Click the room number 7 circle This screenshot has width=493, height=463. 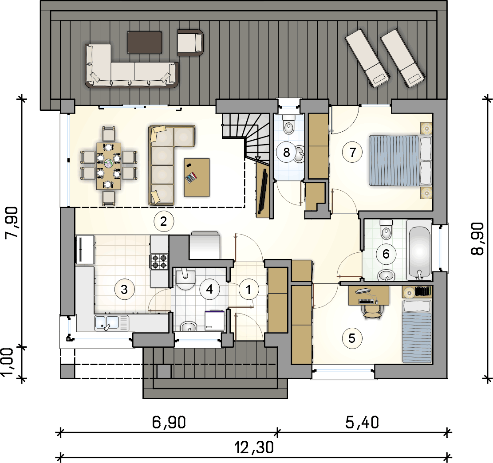pyautogui.click(x=352, y=152)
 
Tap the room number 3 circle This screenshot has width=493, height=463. pyautogui.click(x=124, y=289)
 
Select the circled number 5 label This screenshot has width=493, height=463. pyautogui.click(x=352, y=338)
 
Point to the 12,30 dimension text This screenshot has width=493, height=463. pyautogui.click(x=254, y=447)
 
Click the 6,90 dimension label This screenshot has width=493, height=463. pyautogui.click(x=169, y=422)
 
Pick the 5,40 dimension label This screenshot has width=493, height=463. pyautogui.click(x=362, y=422)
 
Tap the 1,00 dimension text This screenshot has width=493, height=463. pyautogui.click(x=8, y=362)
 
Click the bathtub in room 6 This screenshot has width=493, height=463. pyautogui.click(x=419, y=250)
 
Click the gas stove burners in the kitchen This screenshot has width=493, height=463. pyautogui.click(x=159, y=262)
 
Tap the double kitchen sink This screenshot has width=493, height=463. pyautogui.click(x=112, y=323)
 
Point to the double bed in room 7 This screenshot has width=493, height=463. pyautogui.click(x=400, y=160)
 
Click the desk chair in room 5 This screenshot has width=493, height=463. pyautogui.click(x=374, y=312)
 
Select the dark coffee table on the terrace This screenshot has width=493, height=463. pyautogui.click(x=145, y=43)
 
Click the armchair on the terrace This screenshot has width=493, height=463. pyautogui.click(x=190, y=43)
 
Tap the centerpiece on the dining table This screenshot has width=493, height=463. pyautogui.click(x=109, y=163)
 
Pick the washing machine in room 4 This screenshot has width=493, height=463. pyautogui.click(x=215, y=321)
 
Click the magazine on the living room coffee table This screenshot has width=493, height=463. pyautogui.click(x=191, y=178)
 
